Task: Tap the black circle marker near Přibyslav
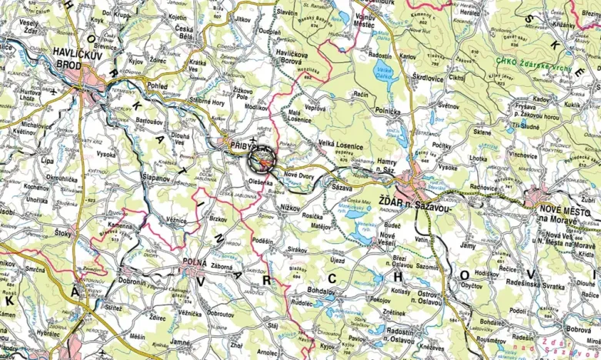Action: [262, 159]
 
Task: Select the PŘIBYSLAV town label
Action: [245, 143]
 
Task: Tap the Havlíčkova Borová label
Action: [298, 56]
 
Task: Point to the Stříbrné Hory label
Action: [207, 101]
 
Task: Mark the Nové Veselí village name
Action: [387, 238]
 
